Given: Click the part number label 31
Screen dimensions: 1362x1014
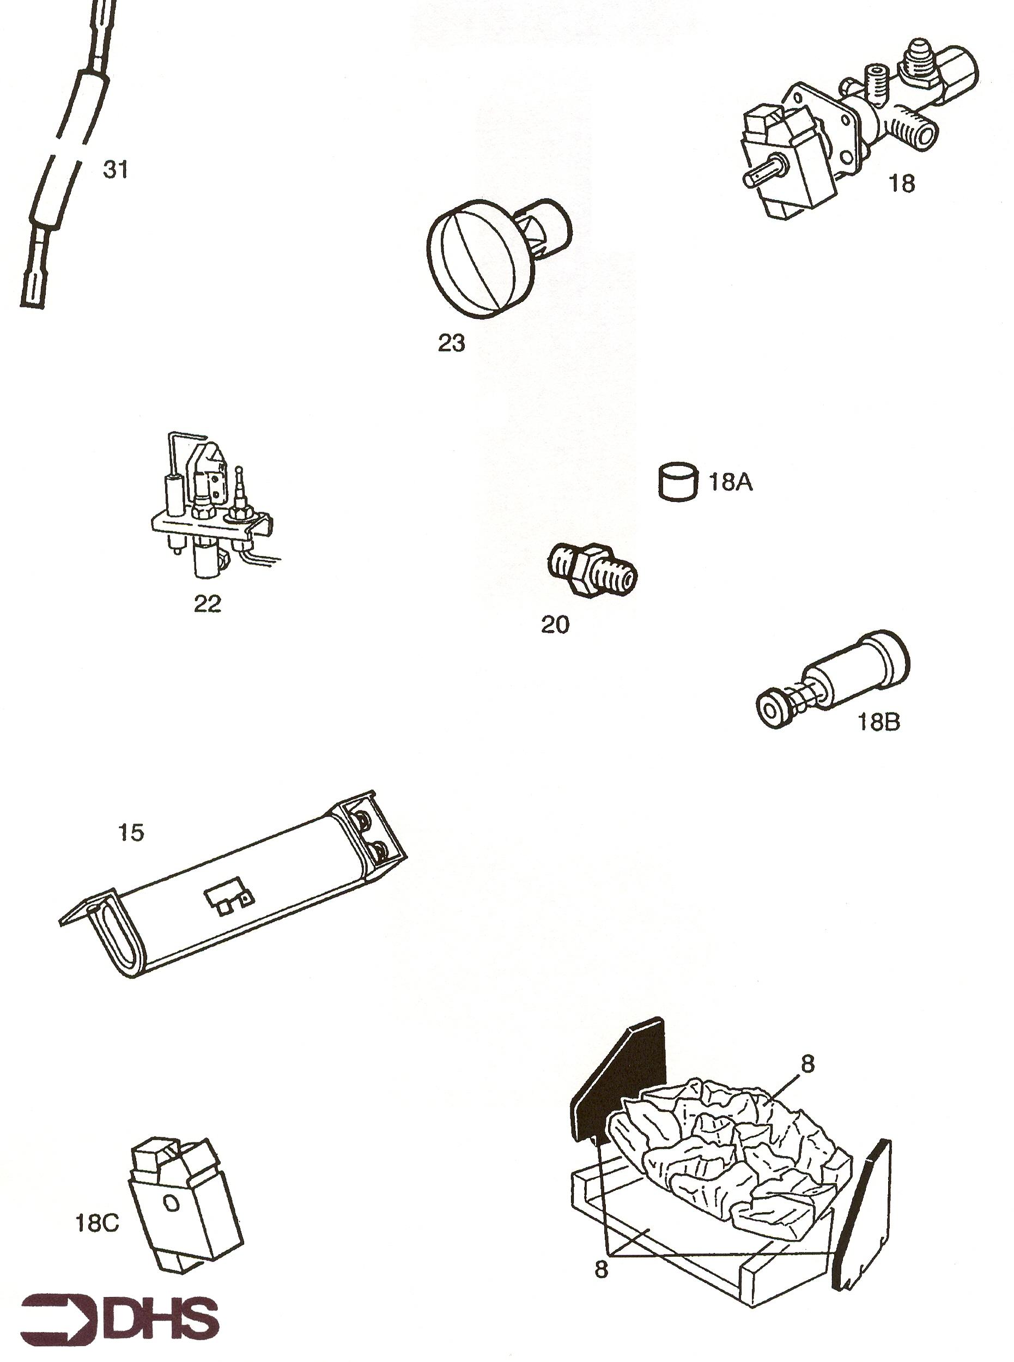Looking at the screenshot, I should click(116, 170).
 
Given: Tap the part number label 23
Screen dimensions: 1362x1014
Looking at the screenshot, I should click(451, 344).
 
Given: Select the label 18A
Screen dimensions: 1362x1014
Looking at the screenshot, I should click(731, 482).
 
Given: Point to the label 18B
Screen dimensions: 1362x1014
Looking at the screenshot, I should click(878, 723).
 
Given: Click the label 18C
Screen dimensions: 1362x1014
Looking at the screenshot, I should click(96, 1224).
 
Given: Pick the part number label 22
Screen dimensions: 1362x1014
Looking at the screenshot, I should click(208, 604).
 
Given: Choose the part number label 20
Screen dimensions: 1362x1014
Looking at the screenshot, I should click(555, 625).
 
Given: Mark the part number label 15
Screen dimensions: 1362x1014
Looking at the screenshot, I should click(131, 833).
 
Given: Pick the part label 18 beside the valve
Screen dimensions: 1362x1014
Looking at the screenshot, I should click(902, 184).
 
